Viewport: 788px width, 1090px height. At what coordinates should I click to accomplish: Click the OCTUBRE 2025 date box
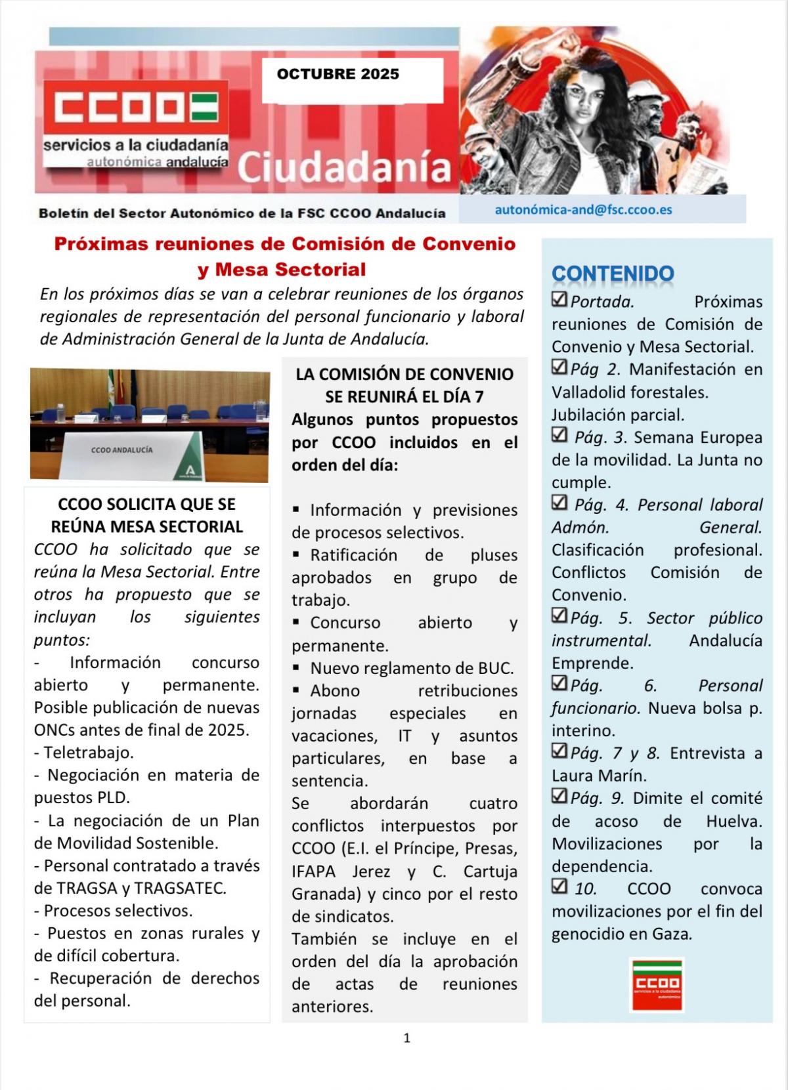click(352, 80)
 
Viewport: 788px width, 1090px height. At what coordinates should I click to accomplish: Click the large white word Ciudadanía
click(344, 167)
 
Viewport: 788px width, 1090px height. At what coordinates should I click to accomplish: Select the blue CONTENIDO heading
click(613, 274)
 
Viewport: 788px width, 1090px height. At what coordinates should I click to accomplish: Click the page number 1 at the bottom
click(407, 1038)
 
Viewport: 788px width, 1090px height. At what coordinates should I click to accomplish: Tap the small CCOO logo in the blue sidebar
click(656, 984)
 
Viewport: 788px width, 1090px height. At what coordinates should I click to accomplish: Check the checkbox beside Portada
click(559, 300)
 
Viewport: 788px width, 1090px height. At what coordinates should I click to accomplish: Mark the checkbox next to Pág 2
click(559, 367)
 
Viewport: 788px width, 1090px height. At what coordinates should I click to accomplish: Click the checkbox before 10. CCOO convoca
click(559, 887)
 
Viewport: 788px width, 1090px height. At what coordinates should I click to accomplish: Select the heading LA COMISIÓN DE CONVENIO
click(405, 374)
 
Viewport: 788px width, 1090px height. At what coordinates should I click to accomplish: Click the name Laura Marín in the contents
click(599, 776)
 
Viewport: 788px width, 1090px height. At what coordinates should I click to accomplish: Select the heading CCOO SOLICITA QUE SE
click(146, 504)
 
